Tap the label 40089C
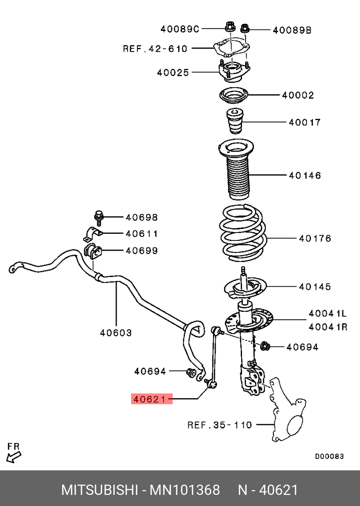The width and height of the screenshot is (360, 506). point(180,29)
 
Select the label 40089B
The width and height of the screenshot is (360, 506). point(292,30)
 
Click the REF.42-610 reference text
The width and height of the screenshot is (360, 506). point(155,48)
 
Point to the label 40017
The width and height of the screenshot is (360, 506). point(305,122)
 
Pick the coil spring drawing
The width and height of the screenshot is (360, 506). point(242,231)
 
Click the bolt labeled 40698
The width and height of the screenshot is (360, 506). point(98,217)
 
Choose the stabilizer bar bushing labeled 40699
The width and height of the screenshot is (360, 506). point(92,251)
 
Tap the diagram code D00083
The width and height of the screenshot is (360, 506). point(329,456)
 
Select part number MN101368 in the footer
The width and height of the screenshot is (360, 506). point(185,490)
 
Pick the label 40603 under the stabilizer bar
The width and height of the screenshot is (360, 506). point(116,333)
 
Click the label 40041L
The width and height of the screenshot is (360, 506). point(327,314)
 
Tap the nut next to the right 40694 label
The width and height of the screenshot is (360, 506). point(265,347)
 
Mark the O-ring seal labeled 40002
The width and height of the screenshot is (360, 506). point(234,95)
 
